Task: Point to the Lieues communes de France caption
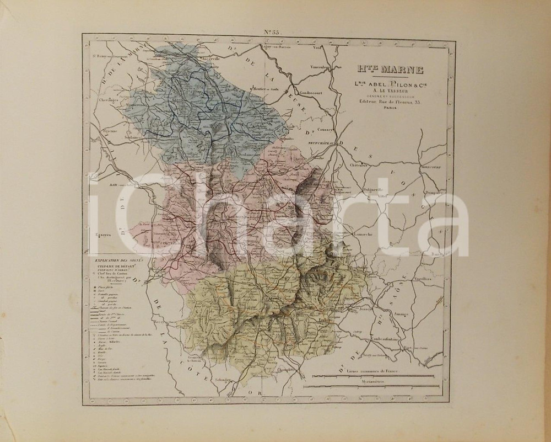[x=372, y=370]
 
